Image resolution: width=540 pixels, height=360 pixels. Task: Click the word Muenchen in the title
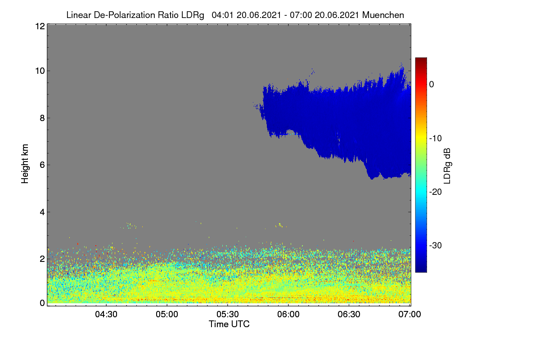(x=383, y=15)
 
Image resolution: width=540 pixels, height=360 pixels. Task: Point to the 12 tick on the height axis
(x=40, y=26)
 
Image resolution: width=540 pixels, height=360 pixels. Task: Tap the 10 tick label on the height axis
(x=40, y=71)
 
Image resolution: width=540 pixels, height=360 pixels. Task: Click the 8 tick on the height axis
(x=42, y=118)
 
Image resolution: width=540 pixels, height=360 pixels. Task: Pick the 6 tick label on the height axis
(x=42, y=165)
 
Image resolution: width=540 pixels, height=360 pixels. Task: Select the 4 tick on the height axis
(x=42, y=212)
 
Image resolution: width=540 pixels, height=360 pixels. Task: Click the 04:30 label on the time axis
(x=106, y=314)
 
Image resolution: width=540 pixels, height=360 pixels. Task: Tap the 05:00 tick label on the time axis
(x=167, y=314)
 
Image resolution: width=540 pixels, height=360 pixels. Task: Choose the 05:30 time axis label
(x=228, y=314)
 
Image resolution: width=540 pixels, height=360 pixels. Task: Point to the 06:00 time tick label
(x=288, y=314)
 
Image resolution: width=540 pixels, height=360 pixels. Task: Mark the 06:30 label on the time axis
(x=349, y=314)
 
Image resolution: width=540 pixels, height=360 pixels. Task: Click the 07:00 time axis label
(x=409, y=314)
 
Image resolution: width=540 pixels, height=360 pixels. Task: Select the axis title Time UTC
(x=229, y=324)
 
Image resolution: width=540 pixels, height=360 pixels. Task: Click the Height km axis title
(x=25, y=164)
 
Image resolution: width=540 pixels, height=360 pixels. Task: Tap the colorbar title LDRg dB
(x=447, y=166)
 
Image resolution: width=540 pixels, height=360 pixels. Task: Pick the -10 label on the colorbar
(x=436, y=139)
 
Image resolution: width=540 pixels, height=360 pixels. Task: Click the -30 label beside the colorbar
(x=436, y=245)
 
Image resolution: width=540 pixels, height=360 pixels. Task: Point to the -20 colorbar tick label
(x=436, y=192)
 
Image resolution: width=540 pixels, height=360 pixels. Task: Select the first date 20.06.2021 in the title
(x=259, y=15)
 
